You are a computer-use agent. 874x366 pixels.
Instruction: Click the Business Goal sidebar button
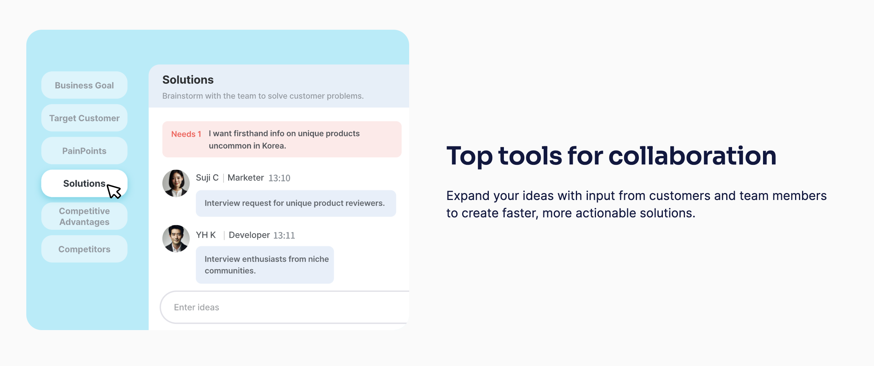point(84,85)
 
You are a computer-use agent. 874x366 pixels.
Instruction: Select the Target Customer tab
point(84,118)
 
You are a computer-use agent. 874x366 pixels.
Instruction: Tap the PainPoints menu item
point(84,151)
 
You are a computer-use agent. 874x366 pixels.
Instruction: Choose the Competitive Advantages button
point(84,217)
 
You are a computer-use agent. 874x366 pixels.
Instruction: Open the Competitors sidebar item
point(84,249)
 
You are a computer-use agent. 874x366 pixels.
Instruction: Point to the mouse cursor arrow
point(113,191)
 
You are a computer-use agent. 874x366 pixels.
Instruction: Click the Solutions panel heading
point(188,80)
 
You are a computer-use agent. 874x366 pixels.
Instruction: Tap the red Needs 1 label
point(186,134)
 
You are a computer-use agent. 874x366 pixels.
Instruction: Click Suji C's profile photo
point(176,183)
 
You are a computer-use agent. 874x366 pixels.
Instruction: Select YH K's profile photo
point(176,239)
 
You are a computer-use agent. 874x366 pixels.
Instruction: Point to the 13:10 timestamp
point(279,178)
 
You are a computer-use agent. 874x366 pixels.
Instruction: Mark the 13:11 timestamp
point(284,236)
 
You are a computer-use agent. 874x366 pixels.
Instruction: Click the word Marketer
point(246,178)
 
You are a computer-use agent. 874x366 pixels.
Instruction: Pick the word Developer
point(249,235)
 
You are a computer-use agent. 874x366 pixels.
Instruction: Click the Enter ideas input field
point(285,307)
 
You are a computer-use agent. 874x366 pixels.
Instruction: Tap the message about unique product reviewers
point(296,203)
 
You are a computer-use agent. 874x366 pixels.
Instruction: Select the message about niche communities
point(265,265)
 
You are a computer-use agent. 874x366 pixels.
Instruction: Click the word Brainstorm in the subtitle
point(183,96)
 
